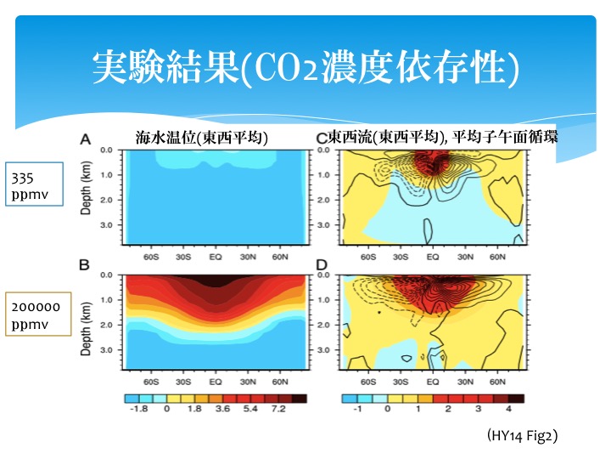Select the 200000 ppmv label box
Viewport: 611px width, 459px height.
pyautogui.click(x=36, y=315)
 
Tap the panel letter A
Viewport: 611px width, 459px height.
pyautogui.click(x=85, y=140)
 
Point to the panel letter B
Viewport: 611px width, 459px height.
pyautogui.click(x=85, y=265)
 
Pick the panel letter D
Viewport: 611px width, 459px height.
pyautogui.click(x=321, y=265)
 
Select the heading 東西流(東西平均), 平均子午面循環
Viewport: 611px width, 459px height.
pyautogui.click(x=443, y=137)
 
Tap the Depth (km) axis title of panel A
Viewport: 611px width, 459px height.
pyautogui.click(x=86, y=190)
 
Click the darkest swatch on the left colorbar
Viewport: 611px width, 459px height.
pyautogui.click(x=300, y=397)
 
